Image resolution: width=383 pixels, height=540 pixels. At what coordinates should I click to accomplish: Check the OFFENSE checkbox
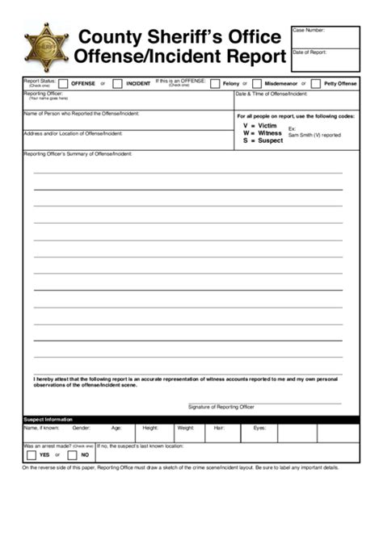click(63, 83)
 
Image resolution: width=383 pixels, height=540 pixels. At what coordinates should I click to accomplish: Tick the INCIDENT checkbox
click(117, 83)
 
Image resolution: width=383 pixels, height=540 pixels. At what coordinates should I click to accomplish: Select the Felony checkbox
click(215, 83)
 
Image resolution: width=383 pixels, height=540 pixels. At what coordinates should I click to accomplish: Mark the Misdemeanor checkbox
click(256, 83)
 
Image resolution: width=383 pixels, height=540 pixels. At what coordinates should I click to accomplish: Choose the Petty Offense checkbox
click(316, 83)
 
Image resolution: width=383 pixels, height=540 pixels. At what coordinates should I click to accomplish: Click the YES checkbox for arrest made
click(31, 454)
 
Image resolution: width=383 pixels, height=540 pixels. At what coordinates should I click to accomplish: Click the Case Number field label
click(308, 30)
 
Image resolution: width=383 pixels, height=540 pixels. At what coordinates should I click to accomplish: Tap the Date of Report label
click(309, 52)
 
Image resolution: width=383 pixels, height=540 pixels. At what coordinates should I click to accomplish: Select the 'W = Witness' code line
click(263, 133)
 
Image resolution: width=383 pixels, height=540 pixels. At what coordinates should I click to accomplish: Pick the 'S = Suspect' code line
click(263, 140)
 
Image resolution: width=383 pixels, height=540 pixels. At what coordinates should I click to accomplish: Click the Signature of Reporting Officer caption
click(221, 407)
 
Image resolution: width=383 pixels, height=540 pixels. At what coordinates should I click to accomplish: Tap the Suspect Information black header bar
click(191, 420)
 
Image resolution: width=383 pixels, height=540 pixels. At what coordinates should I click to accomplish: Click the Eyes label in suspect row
click(259, 428)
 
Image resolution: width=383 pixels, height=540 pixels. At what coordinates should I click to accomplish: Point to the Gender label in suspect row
click(82, 428)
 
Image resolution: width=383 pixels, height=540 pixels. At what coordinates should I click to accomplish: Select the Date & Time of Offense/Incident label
click(271, 94)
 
